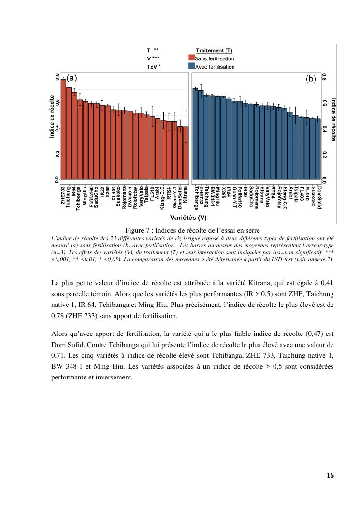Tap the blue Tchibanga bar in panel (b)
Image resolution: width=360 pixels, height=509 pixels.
coord(196,135)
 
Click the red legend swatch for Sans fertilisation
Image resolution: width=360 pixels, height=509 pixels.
coord(191,58)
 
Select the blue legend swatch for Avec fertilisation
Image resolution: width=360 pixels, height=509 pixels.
coord(191,66)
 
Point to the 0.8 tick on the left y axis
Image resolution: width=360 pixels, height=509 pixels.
coord(58,77)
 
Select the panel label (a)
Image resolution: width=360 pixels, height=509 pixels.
coord(72,77)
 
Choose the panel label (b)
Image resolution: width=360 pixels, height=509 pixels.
coord(310,79)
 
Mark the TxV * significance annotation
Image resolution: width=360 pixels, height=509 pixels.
coord(154,67)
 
